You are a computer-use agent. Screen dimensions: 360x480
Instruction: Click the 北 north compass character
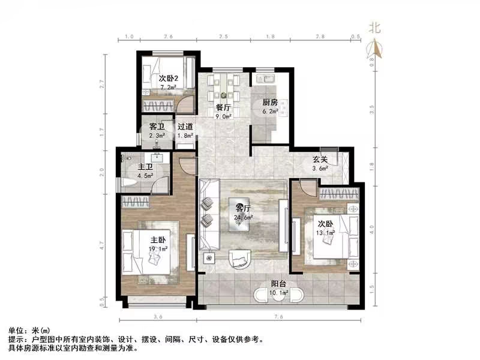374,27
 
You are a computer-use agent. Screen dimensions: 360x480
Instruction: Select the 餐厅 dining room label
223,107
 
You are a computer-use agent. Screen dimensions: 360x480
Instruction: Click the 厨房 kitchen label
269,101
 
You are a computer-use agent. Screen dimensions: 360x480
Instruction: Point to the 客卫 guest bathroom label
157,127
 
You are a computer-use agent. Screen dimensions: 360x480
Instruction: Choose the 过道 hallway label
185,127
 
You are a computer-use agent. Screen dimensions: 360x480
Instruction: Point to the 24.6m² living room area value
244,217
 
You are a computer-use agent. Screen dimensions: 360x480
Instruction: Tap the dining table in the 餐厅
224,89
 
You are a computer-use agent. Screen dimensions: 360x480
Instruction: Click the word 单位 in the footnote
17,331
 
